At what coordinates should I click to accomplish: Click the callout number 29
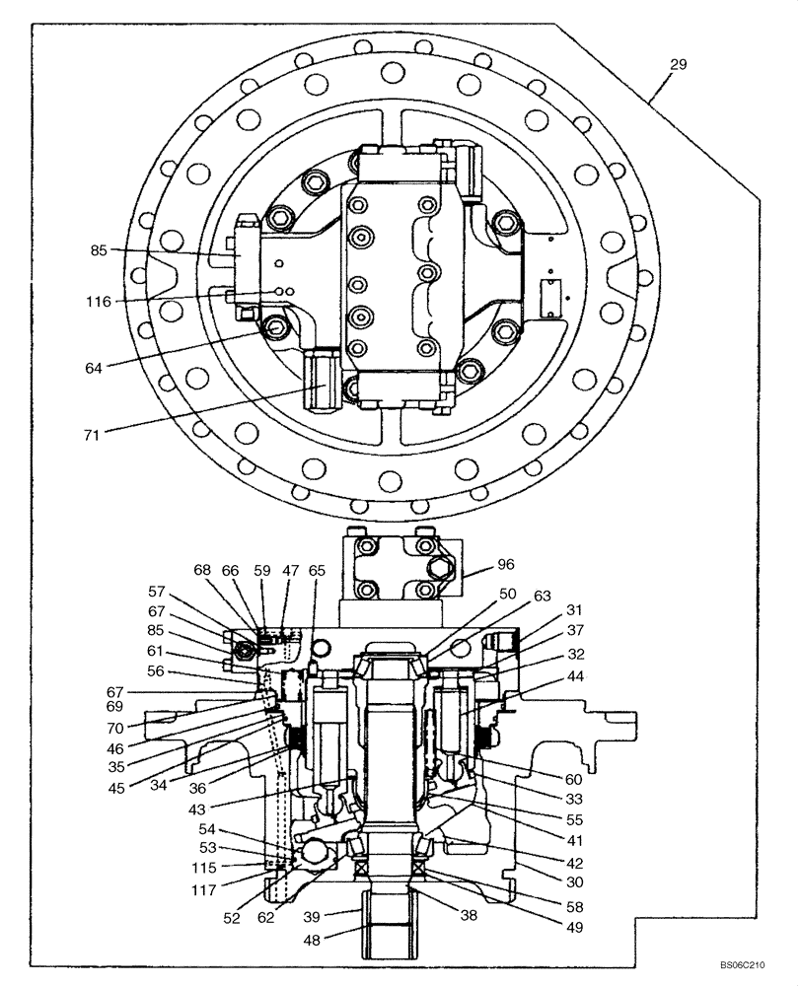678,64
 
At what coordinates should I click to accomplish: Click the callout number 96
506,566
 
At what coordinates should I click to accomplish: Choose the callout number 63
543,596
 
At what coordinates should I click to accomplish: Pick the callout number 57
157,593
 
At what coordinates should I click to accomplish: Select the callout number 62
266,916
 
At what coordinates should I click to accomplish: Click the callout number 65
317,570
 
